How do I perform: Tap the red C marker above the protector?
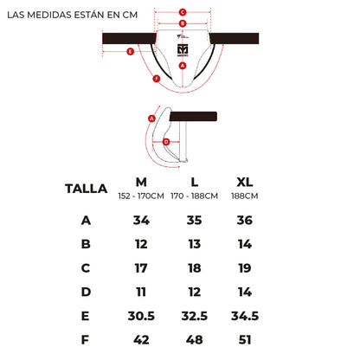[183, 12]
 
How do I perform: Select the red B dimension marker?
[183, 23]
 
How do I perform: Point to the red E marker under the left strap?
[131, 52]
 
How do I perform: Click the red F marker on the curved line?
[157, 79]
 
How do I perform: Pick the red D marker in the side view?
[166, 142]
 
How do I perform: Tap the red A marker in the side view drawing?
[151, 119]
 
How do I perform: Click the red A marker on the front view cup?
[183, 66]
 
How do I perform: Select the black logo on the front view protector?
[183, 50]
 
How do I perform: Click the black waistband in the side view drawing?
[193, 116]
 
